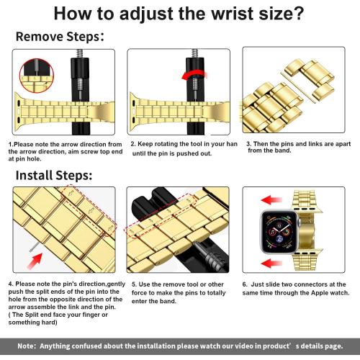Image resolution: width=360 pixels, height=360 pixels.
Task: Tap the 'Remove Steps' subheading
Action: [x=60, y=36]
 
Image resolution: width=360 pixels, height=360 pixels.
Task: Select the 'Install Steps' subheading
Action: [x=53, y=175]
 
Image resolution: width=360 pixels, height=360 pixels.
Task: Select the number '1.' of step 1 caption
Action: [x=11, y=144]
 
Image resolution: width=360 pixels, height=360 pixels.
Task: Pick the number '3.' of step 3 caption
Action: [x=248, y=143]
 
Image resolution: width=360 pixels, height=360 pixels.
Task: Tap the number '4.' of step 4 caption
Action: [x=11, y=284]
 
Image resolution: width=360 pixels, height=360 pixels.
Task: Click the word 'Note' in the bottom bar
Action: [x=27, y=346]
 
